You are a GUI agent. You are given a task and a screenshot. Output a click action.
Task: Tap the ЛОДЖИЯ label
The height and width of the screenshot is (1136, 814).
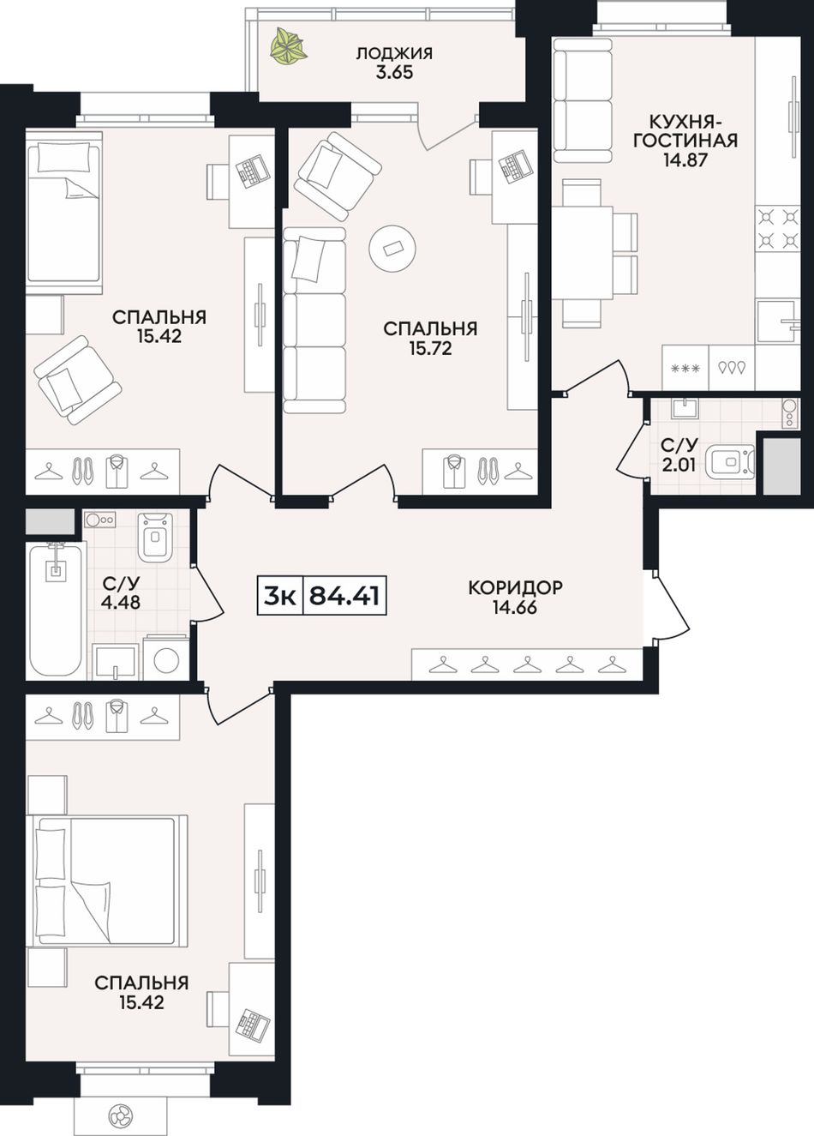pos(394,54)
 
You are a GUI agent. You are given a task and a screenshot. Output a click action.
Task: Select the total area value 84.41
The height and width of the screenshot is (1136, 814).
pos(344,595)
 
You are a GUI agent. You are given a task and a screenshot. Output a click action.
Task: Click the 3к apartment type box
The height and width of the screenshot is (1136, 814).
pos(280,595)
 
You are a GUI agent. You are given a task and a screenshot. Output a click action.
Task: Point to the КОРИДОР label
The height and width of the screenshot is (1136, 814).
pos(515,587)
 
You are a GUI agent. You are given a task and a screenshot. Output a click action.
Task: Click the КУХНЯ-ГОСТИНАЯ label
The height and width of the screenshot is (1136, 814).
pos(685,131)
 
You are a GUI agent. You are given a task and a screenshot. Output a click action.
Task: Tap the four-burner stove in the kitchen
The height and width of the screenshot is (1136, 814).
pos(777,228)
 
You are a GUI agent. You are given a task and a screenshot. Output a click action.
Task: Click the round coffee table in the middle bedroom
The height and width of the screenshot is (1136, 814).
pos(392,249)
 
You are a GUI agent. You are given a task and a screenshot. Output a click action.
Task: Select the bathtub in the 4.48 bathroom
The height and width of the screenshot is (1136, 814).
pos(56,610)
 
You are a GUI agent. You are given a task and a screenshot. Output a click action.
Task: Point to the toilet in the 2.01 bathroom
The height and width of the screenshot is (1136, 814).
pos(730,462)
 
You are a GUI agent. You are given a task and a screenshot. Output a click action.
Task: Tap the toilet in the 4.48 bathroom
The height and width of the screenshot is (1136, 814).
pos(155,537)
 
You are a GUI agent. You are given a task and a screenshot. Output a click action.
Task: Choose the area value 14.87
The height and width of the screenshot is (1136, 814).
pos(685,160)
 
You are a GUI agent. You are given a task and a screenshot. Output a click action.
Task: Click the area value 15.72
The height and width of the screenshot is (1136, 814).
pos(430,348)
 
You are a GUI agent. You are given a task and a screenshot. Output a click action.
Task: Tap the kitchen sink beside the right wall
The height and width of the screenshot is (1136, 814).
pos(777,322)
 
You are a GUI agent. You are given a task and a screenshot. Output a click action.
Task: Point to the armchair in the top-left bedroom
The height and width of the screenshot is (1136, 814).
pos(76,379)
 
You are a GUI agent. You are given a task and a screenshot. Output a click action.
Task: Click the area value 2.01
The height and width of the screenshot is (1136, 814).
pos(679,465)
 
